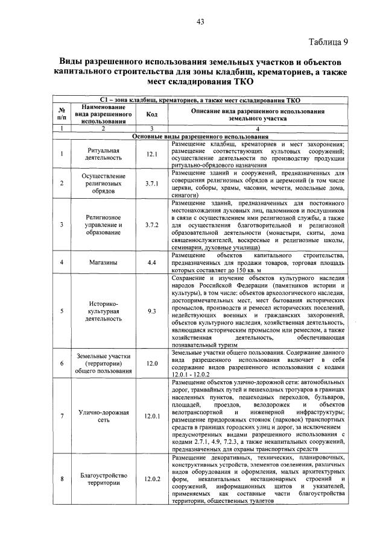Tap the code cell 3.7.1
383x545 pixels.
151,184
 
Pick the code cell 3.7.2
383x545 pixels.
151,225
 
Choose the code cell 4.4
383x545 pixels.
151,263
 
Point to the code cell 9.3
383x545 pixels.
151,311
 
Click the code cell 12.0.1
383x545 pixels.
151,416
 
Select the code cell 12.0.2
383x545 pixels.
151,479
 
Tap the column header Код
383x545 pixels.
151,114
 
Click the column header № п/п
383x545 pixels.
62,114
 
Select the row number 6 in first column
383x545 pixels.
62,363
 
